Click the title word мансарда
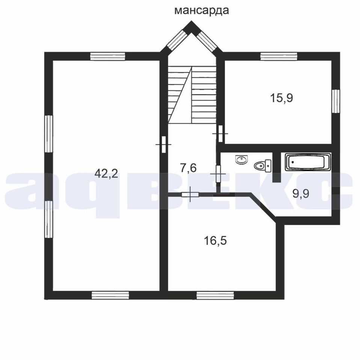coord(201,10)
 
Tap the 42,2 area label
coord(106,173)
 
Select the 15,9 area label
coord(282,98)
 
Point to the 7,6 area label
coord(188,168)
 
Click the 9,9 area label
coord(301,193)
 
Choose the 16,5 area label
coord(215,241)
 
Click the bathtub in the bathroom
coord(308,162)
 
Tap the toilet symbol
coord(263,165)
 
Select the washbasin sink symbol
coord(241,159)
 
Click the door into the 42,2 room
coord(164,144)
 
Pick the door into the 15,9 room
coord(220,133)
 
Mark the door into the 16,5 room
coord(190,195)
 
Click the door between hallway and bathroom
coord(218,174)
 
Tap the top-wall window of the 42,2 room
coord(108,56)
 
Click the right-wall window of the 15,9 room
coord(336,101)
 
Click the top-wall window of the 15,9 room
coord(279,56)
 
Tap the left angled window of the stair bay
coord(177,40)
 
